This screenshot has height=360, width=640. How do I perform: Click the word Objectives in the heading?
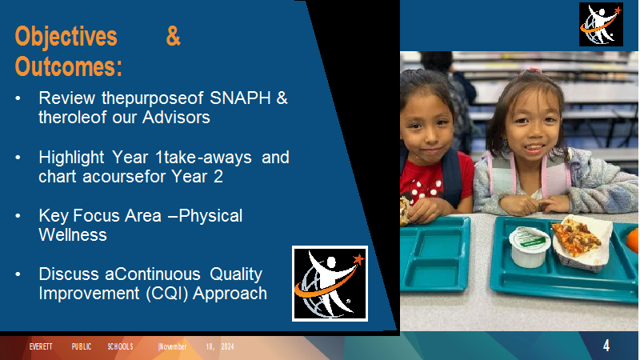(66, 36)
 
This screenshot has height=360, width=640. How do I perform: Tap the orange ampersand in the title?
(173, 36)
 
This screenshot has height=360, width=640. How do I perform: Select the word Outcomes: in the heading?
(69, 66)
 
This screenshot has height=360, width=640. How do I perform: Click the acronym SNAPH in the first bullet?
(240, 98)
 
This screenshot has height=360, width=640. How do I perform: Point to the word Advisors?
(176, 117)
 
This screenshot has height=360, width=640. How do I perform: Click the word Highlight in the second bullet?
(71, 158)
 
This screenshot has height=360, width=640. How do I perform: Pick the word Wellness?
(73, 234)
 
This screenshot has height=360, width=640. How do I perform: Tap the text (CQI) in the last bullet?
(166, 294)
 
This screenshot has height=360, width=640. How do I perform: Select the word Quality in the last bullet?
(236, 274)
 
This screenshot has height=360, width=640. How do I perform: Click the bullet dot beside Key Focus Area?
(18, 216)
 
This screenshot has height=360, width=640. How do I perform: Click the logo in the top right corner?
(601, 25)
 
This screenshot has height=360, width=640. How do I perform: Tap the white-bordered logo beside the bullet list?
(330, 283)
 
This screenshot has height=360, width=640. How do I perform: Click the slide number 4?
(606, 346)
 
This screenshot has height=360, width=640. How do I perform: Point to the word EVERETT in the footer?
(41, 346)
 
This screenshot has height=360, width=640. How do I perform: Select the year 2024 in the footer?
(227, 346)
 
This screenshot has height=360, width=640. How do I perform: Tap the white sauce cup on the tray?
(530, 246)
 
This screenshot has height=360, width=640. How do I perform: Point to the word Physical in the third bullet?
(210, 216)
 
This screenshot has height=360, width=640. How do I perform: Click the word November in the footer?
(173, 346)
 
